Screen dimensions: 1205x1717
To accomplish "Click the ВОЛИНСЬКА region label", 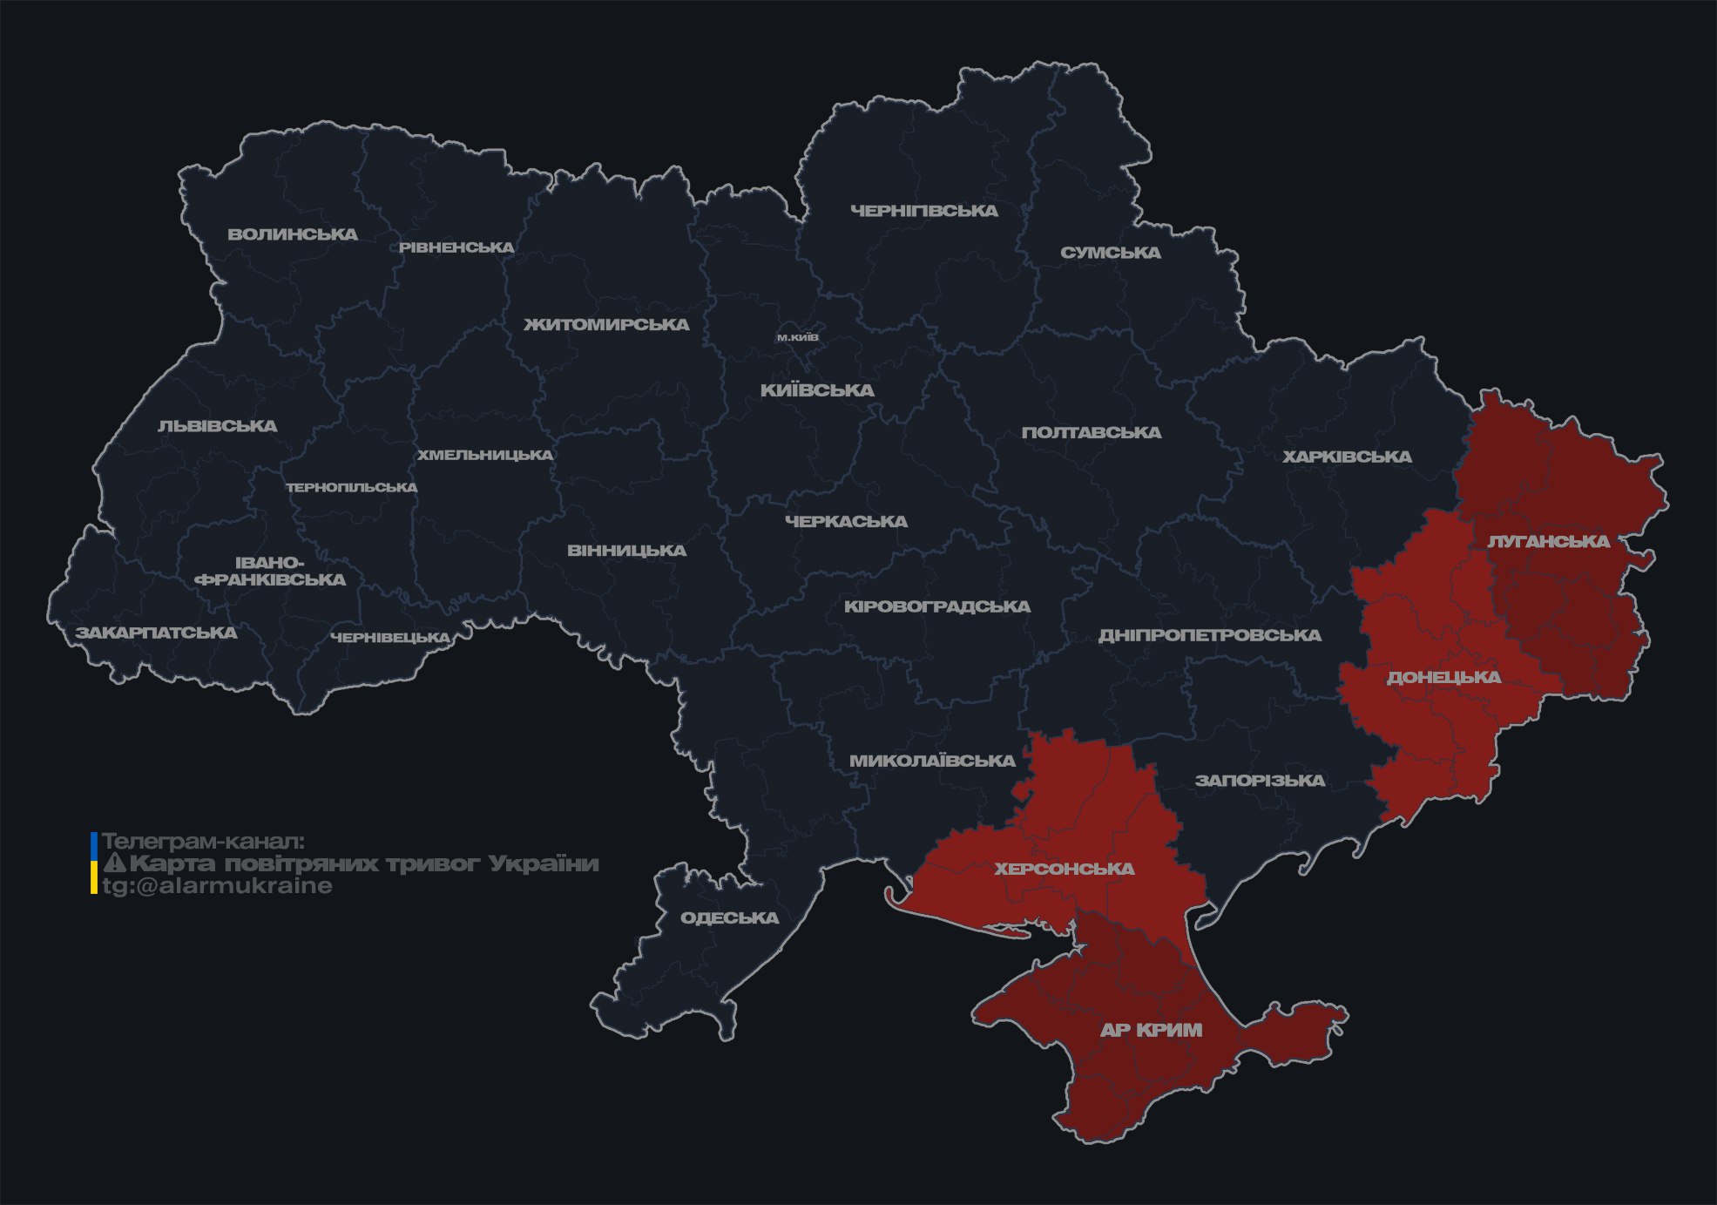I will click(x=293, y=234).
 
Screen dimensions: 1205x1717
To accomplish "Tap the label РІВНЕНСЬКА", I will click(x=456, y=247).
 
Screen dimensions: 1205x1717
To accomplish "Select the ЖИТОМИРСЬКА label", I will click(x=606, y=325).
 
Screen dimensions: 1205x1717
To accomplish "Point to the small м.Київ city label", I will click(x=798, y=337).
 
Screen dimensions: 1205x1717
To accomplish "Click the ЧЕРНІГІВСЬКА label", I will click(x=924, y=211).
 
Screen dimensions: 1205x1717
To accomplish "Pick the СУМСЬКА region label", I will click(x=1111, y=253).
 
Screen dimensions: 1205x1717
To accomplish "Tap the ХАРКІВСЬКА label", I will click(x=1347, y=457).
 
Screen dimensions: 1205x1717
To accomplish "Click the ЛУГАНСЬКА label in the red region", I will click(x=1549, y=541).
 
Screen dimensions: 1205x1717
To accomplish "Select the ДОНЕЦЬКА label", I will click(x=1443, y=677).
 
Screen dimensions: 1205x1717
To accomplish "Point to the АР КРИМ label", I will click(x=1151, y=1030).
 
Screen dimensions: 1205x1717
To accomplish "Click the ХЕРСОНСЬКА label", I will click(x=1065, y=869).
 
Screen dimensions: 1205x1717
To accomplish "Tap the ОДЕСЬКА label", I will click(x=729, y=917).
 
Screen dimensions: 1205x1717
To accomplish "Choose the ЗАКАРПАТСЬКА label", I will click(x=156, y=633).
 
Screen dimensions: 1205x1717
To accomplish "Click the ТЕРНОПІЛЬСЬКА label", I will click(x=352, y=487).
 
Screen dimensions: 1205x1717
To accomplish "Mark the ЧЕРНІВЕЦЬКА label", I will click(x=390, y=638).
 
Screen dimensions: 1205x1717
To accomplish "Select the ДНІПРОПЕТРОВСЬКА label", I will click(x=1209, y=635).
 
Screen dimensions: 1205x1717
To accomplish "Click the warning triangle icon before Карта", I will click(x=114, y=863).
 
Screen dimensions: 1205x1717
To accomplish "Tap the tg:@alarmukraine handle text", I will click(x=218, y=886).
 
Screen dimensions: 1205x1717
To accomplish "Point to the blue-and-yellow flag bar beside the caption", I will click(x=94, y=863).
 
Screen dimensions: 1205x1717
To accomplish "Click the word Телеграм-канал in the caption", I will click(x=203, y=842).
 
